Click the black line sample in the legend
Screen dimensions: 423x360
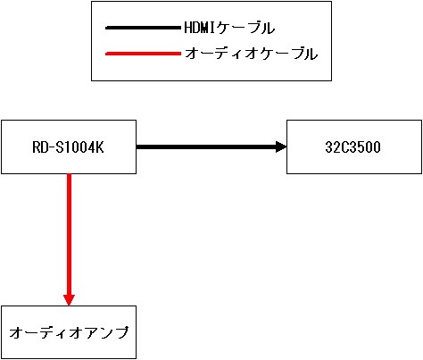[x=143, y=28]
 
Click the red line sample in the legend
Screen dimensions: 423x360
[x=143, y=54]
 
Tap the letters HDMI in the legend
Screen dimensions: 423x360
[x=200, y=28]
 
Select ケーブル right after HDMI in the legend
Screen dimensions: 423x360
[x=245, y=29]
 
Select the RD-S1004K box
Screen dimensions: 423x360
[x=69, y=147]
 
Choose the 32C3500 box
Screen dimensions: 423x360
[x=354, y=147]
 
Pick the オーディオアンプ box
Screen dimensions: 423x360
[x=69, y=332]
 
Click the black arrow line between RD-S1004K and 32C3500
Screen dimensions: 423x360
[x=211, y=147]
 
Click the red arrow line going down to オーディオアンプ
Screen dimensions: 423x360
[x=69, y=239]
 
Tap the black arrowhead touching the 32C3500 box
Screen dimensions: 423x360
[x=281, y=147]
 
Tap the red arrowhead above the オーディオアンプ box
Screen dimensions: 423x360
[x=69, y=300]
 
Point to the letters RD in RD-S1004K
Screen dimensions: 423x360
[x=39, y=147]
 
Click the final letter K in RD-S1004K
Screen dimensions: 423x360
[x=100, y=147]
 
